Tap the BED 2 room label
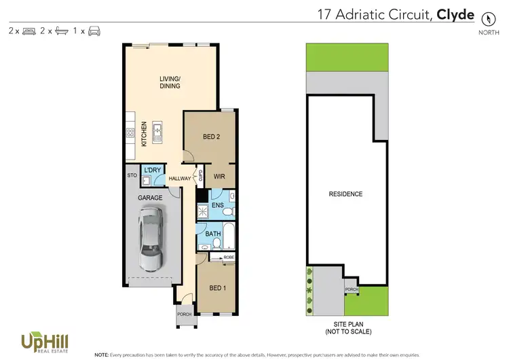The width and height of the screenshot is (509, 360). coord(212,137)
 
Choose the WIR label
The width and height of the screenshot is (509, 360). coord(219,177)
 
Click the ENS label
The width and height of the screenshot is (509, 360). coord(217,204)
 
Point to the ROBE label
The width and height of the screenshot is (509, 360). coord(228,257)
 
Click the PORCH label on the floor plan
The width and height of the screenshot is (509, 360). coord(184,314)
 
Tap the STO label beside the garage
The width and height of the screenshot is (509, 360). coord(132,175)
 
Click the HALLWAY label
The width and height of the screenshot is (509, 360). coord(180,179)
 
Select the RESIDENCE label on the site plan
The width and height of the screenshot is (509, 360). coord(345,194)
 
